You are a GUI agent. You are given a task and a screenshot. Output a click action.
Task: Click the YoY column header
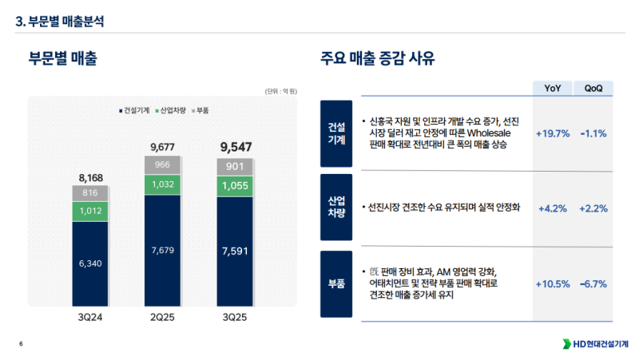point(552,88)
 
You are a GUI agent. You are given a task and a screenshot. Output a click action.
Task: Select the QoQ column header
point(593,88)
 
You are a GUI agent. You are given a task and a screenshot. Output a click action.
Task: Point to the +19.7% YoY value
point(552,133)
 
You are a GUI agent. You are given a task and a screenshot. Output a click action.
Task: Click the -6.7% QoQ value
point(593,284)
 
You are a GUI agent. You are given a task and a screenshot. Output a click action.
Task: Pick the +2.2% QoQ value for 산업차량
point(593,208)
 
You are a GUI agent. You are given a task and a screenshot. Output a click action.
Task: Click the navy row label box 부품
point(336,284)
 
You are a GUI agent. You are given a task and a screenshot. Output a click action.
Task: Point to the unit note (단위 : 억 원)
point(280,91)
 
